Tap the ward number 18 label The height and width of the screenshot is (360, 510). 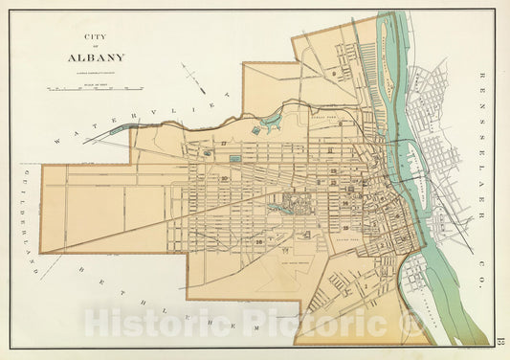[259, 243]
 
